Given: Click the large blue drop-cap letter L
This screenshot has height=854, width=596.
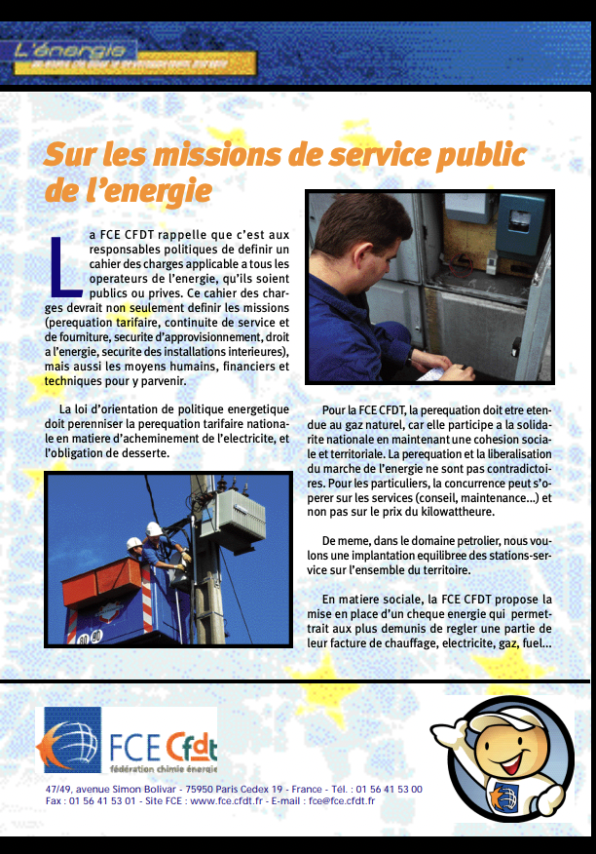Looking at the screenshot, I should (x=64, y=264).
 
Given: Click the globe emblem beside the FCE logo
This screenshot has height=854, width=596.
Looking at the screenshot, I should (x=68, y=740).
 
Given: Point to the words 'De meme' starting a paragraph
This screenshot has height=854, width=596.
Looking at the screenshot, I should (x=343, y=539).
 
